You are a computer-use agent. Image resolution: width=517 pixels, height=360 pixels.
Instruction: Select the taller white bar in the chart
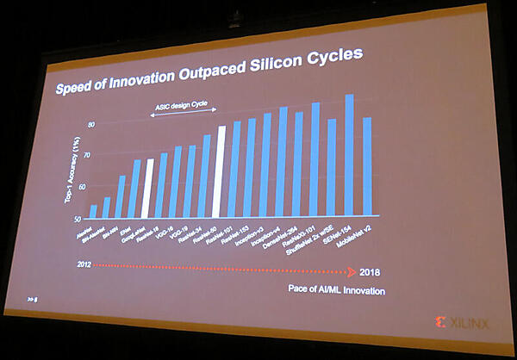(x=221, y=171)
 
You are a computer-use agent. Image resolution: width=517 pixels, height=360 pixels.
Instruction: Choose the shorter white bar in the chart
(x=148, y=188)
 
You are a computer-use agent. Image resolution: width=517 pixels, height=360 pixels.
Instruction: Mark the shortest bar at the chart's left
(x=93, y=211)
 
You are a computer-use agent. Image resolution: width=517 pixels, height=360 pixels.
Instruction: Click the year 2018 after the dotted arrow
(x=370, y=272)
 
